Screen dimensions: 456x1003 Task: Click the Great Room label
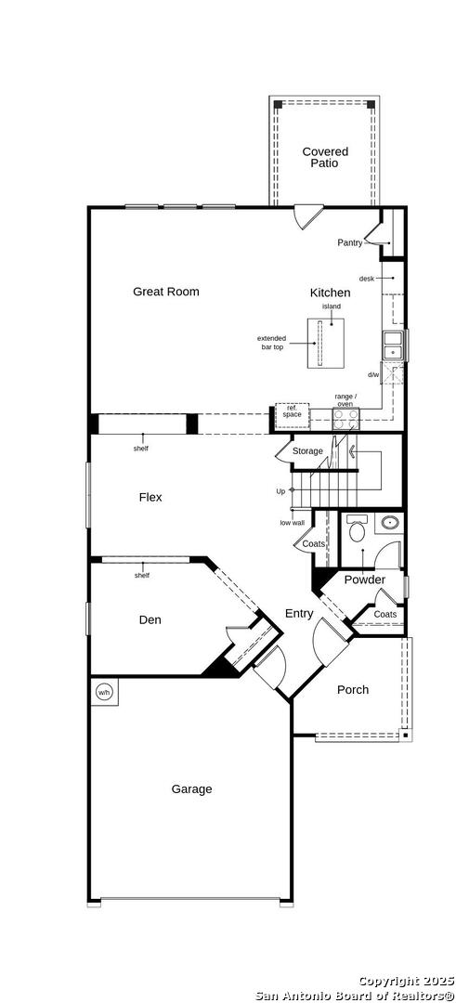click(x=165, y=292)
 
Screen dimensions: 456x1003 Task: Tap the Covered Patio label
click(x=325, y=157)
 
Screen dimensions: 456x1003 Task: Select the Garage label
click(x=191, y=789)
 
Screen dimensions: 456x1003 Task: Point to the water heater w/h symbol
click(x=104, y=692)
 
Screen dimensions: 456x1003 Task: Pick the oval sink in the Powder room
click(x=390, y=523)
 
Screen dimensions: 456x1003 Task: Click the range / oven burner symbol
click(x=345, y=418)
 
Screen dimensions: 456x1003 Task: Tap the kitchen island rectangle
click(x=322, y=342)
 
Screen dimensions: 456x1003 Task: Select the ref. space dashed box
click(x=293, y=415)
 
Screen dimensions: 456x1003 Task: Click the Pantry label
click(x=350, y=242)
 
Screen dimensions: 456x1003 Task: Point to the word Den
click(x=150, y=619)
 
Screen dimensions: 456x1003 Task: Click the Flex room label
click(x=150, y=497)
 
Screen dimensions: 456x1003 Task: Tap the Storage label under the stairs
click(x=307, y=451)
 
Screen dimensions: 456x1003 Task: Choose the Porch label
click(x=353, y=689)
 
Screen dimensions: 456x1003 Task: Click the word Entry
click(x=299, y=614)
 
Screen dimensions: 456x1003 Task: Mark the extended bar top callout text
click(x=271, y=342)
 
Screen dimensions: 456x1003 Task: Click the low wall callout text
click(x=292, y=523)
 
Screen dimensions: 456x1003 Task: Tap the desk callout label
click(x=366, y=279)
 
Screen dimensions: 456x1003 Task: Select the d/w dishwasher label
click(x=372, y=375)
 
